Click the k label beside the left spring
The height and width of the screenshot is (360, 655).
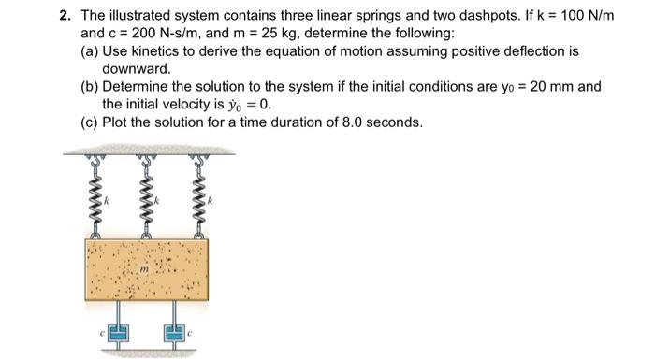[106, 200]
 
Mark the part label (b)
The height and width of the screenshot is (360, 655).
[90, 86]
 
